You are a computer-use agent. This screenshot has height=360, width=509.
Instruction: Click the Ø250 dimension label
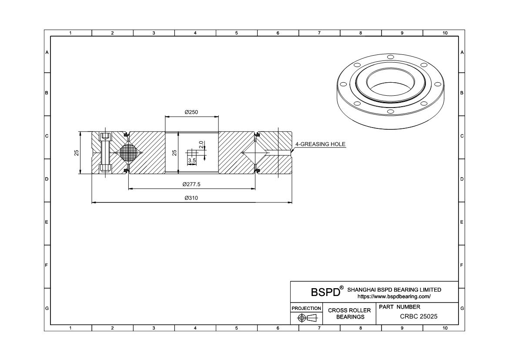coord(191,112)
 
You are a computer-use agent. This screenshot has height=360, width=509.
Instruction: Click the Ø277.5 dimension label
coord(191,185)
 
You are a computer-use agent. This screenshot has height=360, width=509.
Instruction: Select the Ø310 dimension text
coord(191,198)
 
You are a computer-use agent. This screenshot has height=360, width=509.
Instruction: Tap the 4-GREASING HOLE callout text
coord(320,144)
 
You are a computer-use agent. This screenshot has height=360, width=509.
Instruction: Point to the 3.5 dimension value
coord(192,161)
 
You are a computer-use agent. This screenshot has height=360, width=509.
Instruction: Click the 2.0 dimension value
coord(201,145)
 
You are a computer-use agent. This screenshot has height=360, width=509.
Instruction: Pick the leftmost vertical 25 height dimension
coord(77,153)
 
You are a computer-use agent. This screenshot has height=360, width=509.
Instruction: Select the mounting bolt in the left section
coord(105,153)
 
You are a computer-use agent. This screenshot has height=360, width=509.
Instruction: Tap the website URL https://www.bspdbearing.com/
coord(394,296)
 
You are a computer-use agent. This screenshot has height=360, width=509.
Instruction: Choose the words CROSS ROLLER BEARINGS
coord(349,313)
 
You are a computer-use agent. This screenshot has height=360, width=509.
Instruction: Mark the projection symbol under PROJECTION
coord(306,318)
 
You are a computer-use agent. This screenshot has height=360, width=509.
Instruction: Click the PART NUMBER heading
coord(399,307)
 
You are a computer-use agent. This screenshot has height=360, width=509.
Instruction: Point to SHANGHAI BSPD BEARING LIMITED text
coord(394,289)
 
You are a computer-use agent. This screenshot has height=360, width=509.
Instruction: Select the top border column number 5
coord(236,33)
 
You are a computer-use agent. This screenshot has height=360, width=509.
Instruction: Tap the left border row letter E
coord(47,222)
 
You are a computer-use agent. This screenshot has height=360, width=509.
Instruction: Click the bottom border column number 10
coord(445,328)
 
